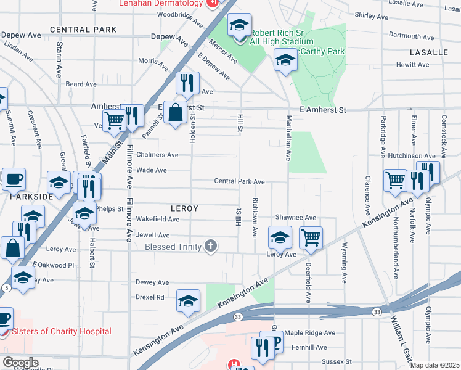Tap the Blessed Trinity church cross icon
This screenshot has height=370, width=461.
point(211,247)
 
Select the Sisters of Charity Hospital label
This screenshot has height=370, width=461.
point(62,331)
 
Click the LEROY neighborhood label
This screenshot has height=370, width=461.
point(184,208)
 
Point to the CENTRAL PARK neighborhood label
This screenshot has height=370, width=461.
point(83,30)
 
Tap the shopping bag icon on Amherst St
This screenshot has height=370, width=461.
point(176,112)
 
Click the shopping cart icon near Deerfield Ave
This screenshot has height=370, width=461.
point(311,237)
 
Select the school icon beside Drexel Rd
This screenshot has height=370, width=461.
point(188,300)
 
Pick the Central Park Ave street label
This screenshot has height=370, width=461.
point(239,181)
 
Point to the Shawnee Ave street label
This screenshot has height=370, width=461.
point(295,218)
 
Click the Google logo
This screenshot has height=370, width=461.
point(20,363)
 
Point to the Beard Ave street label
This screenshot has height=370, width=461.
point(81,84)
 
